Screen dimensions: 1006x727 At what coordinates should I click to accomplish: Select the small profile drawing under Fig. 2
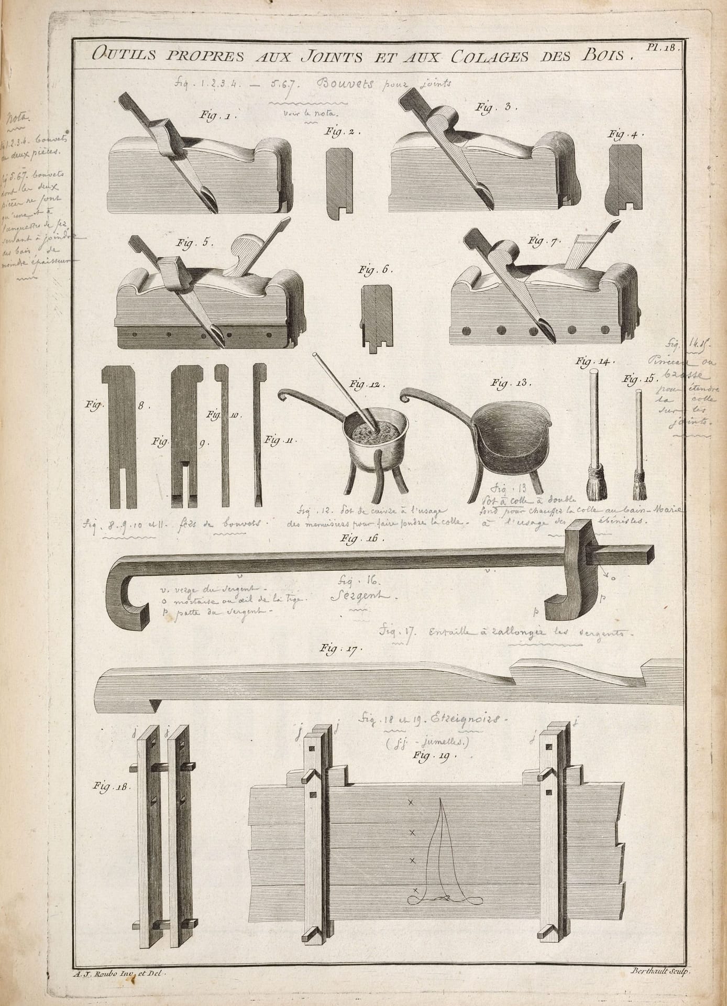point(337,184)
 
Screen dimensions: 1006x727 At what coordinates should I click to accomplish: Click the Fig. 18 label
point(111,786)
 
